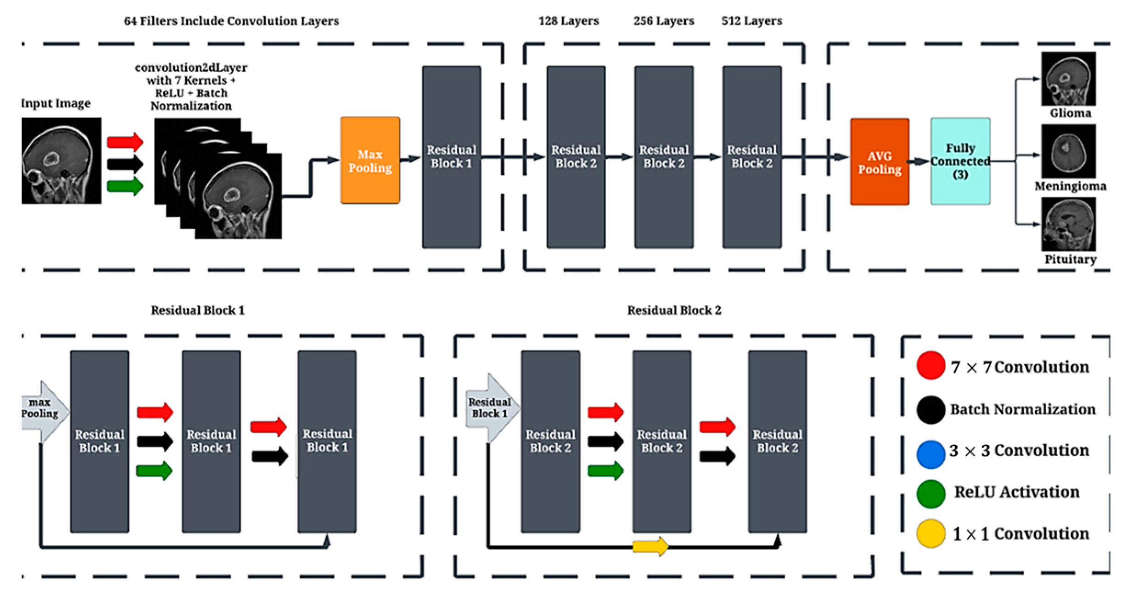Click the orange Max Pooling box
tap(370, 160)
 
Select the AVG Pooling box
tap(879, 162)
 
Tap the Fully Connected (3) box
tap(960, 161)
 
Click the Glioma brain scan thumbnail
tap(1068, 79)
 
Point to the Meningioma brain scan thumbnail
tap(1068, 151)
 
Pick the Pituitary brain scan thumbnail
tap(1068, 224)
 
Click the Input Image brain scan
tap(61, 160)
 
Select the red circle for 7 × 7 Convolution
tap(930, 366)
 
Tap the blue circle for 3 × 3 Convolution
tap(930, 454)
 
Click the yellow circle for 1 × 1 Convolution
tap(930, 533)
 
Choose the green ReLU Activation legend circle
tap(930, 494)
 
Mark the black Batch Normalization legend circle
tap(930, 409)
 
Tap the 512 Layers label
tap(751, 21)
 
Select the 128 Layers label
tap(568, 21)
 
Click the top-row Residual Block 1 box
tap(451, 157)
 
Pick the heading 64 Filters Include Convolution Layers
tap(231, 21)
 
